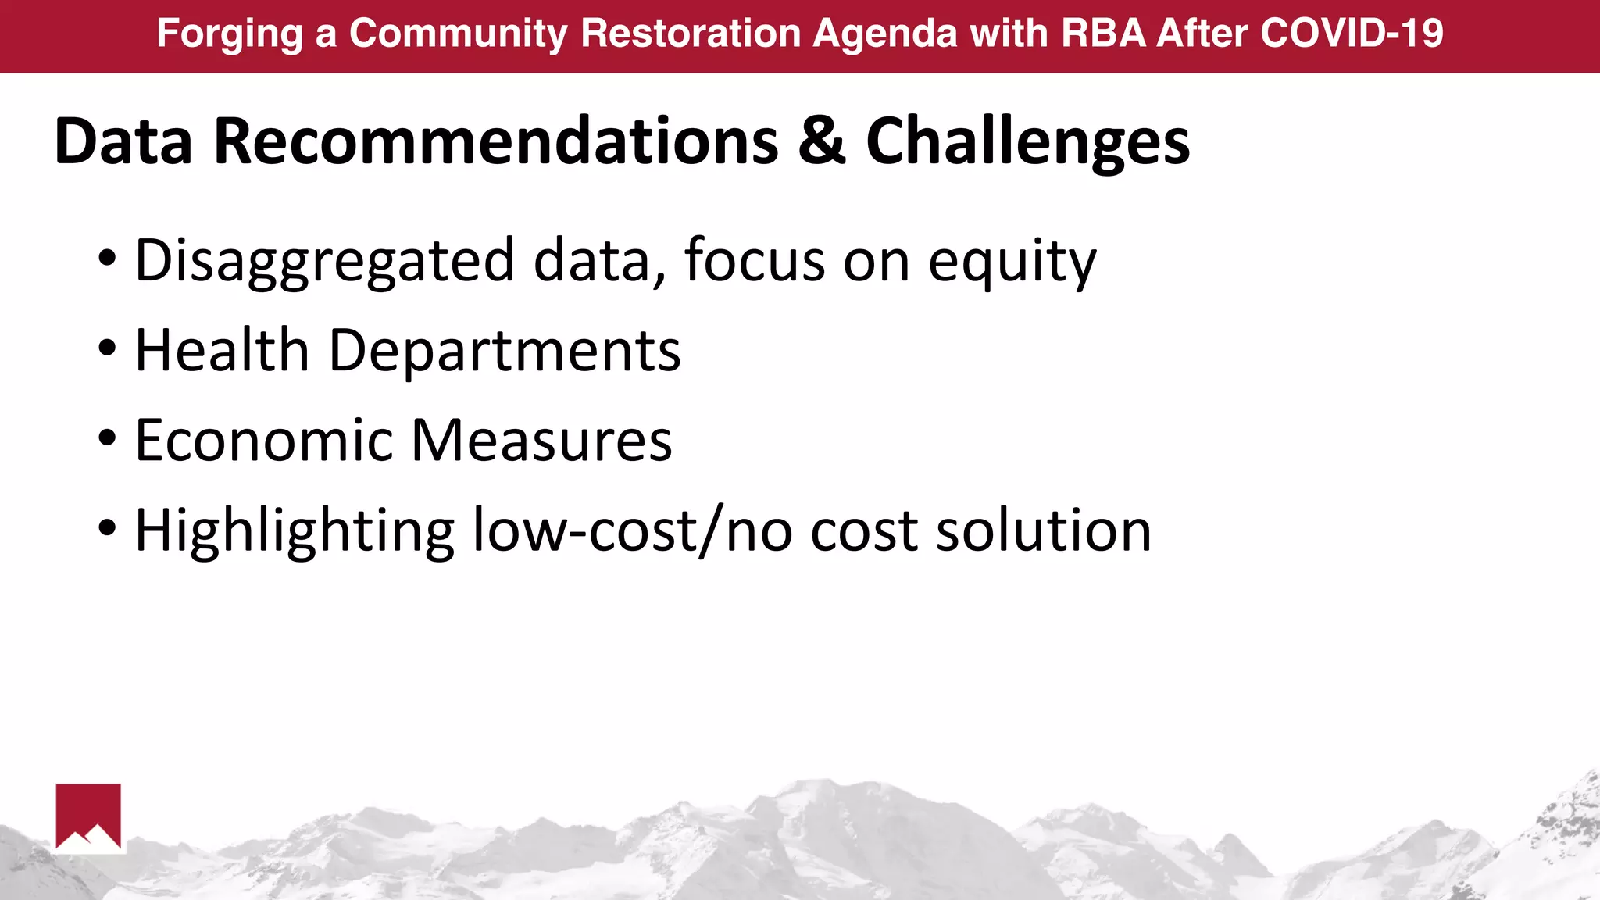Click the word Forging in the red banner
[x=229, y=34]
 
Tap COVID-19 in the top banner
[x=1352, y=34]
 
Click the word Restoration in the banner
[x=691, y=34]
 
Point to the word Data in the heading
[x=123, y=141]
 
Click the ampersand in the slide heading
[x=822, y=141]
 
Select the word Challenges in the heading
[x=1027, y=143]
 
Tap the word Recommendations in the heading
[x=495, y=141]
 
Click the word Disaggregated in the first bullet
[x=324, y=261]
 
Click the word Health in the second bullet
[x=222, y=350]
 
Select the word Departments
[x=505, y=352]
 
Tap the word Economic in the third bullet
[x=263, y=441]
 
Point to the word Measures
[x=541, y=441]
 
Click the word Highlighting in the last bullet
[x=295, y=531]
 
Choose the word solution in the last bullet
[x=1043, y=530]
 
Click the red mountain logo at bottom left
[x=88, y=816]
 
